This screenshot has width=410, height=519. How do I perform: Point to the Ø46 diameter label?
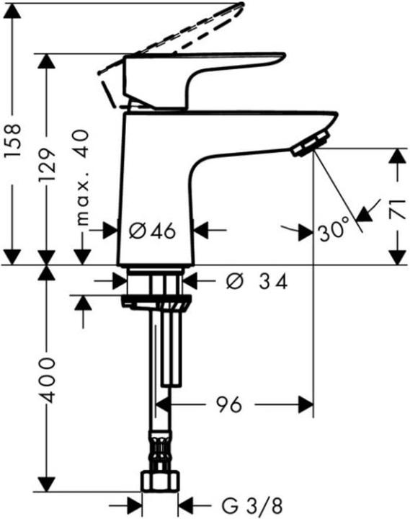point(152,231)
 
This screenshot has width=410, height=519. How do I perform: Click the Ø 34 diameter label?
point(257,282)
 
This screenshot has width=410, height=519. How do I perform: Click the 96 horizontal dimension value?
point(229,405)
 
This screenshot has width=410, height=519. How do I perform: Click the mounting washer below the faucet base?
point(154,301)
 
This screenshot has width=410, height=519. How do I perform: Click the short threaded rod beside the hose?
point(172,346)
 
